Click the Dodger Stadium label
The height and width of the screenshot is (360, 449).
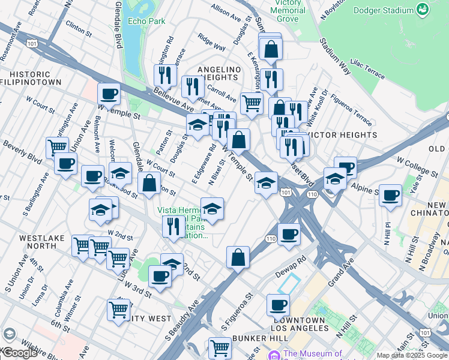384,10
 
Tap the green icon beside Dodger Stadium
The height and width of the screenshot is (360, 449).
423,10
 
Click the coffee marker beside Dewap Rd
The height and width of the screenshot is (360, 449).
289,234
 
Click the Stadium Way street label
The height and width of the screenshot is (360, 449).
334,55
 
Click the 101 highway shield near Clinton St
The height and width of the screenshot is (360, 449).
32,44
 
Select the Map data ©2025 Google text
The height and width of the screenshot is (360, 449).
411,355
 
